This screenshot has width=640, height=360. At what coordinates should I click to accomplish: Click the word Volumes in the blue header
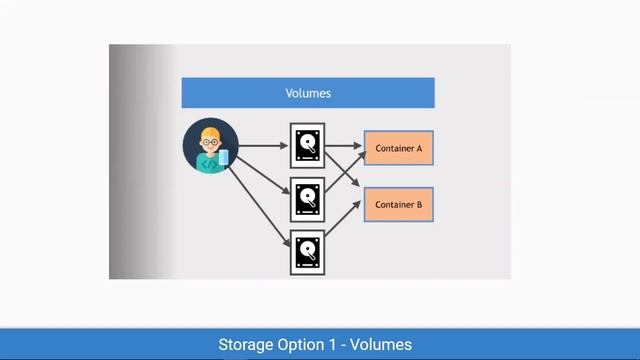click(308, 93)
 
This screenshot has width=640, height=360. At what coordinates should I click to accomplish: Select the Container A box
click(399, 148)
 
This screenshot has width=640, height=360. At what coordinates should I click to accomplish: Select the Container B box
click(399, 204)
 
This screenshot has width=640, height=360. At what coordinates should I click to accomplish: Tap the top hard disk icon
click(307, 146)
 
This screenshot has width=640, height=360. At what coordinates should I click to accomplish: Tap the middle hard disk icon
click(307, 199)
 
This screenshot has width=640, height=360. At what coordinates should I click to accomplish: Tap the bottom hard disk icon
click(307, 252)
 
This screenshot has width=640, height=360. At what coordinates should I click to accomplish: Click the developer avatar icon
click(211, 146)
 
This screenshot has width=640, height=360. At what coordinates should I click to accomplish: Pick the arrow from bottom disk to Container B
click(343, 226)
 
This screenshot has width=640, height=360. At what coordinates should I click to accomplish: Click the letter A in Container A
click(419, 148)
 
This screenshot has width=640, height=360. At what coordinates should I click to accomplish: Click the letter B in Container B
click(419, 204)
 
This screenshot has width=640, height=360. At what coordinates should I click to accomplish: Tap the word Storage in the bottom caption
click(246, 345)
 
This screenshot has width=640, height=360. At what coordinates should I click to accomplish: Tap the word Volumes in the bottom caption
click(381, 345)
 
